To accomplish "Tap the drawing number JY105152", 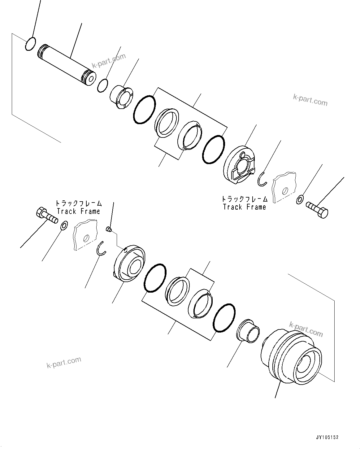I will (x=327, y=437).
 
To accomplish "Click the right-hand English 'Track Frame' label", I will (x=245, y=207).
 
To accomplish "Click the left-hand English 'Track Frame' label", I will (x=78, y=211).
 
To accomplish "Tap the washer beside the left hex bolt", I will (x=64, y=226).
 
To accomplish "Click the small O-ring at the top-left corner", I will (x=30, y=44).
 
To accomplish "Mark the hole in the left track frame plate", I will (x=86, y=238).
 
